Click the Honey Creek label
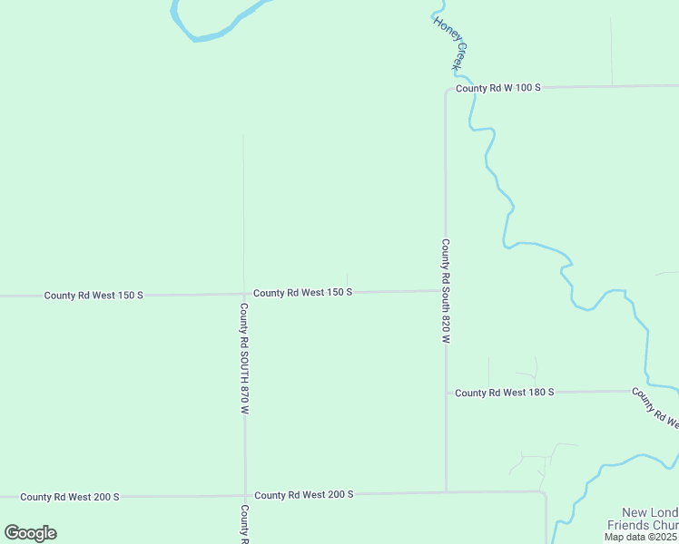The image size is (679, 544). pos(449,44)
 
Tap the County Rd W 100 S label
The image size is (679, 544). pos(498,88)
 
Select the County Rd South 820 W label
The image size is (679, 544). pos(446,291)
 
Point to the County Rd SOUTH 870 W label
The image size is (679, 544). pos(244,359)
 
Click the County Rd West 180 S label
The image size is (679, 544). pos(504,393)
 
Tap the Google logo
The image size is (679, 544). pos(30,533)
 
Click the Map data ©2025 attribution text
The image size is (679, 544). pos(641,537)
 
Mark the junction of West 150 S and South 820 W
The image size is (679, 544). pos(445,291)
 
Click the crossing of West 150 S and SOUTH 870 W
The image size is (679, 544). pos(243,294)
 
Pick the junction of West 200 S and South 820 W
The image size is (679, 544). pos(446,492)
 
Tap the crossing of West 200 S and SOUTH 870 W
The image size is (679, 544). pos(245,496)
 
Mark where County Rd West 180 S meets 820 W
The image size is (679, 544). pos(446,393)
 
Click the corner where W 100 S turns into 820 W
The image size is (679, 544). pos(446,91)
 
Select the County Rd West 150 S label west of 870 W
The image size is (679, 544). pos(93,296)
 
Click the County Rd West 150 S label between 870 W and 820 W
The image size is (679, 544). pos(302,293)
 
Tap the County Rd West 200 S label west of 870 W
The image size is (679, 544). pos(70,497)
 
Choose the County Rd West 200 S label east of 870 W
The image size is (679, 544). pos(303,494)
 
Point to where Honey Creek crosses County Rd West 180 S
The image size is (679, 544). pos(646,391)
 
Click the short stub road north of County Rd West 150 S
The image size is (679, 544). pos(347,282)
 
